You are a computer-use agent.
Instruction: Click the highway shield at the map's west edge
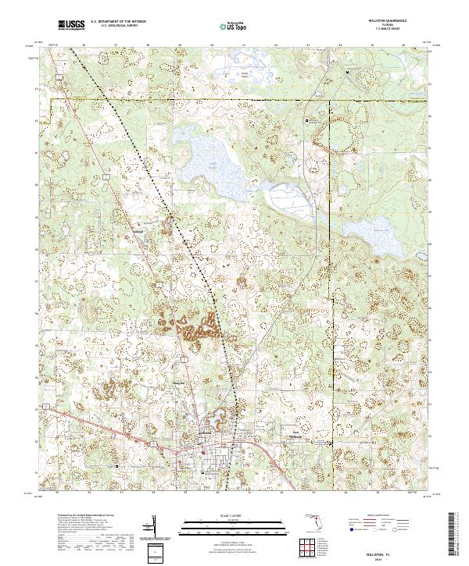pyautogui.click(x=48, y=407)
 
